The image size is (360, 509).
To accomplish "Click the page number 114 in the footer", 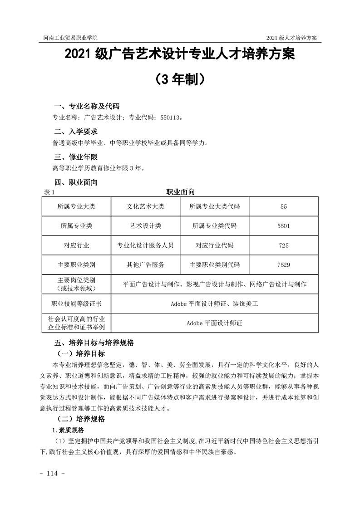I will point(54,474).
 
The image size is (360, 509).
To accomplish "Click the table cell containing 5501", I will point(284,225).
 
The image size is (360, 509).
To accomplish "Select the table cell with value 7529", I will point(284,264).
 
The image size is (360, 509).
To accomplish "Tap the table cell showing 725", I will point(284,245).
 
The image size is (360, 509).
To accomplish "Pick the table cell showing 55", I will point(284,206).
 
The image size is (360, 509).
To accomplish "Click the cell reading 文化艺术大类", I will point(145,206).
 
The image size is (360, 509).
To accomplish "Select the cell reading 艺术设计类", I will point(145,225).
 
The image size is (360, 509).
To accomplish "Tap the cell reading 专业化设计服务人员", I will point(145,245).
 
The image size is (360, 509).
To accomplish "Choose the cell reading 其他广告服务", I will point(145,264).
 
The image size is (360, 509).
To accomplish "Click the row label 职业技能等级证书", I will point(76,303).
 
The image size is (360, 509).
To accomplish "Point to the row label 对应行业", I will point(76,245).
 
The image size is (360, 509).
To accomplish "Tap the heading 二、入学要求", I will point(75,132).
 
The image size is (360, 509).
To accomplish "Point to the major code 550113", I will point(170,118).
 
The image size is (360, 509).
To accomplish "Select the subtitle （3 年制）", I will point(180,79).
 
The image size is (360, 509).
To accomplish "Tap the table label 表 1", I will point(48,192).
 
